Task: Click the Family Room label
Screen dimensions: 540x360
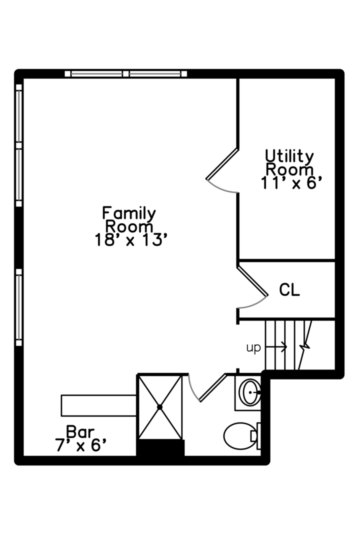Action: pyautogui.click(x=129, y=220)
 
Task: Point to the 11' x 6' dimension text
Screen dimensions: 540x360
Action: pyautogui.click(x=289, y=183)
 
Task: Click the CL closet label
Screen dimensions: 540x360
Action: pyautogui.click(x=289, y=290)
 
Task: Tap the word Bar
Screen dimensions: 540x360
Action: pyautogui.click(x=80, y=431)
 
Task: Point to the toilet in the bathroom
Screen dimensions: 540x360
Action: pyautogui.click(x=240, y=436)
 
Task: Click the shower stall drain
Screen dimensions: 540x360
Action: pyautogui.click(x=160, y=407)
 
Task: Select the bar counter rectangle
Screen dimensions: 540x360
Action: pyautogui.click(x=99, y=405)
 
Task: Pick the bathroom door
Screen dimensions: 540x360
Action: pyautogui.click(x=212, y=387)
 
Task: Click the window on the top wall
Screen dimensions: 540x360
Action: pyautogui.click(x=125, y=74)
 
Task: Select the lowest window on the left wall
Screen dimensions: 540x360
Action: pyautogui.click(x=19, y=307)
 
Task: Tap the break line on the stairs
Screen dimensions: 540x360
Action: pyautogui.click(x=305, y=345)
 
